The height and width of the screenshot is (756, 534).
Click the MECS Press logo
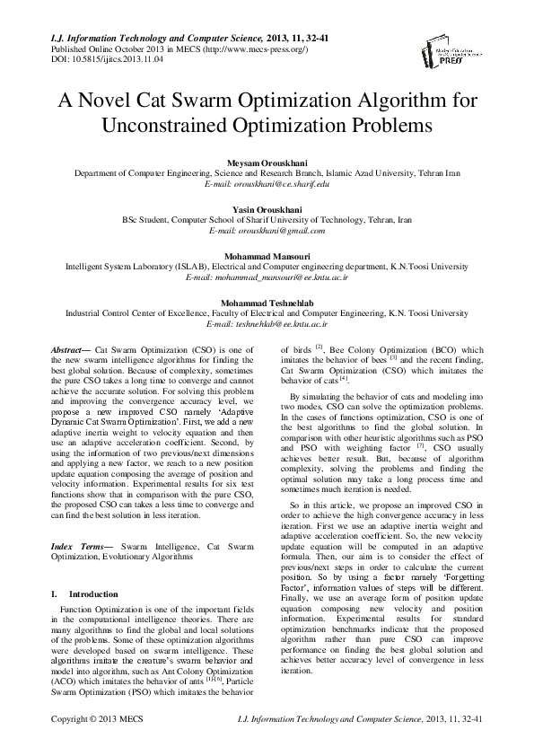(x=472, y=55)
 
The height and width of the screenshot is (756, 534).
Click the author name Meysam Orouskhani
(x=267, y=161)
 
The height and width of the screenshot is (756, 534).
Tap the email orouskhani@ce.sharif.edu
(x=267, y=183)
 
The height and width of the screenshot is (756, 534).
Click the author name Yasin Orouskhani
(x=267, y=208)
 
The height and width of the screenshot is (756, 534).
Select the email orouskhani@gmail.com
(x=267, y=231)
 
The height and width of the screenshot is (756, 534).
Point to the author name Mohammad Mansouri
(x=267, y=256)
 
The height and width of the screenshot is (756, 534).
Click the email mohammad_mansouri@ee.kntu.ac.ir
(x=267, y=278)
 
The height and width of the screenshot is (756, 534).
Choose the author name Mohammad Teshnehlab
(x=267, y=303)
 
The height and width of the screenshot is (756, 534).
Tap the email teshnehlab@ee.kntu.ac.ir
(x=267, y=325)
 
